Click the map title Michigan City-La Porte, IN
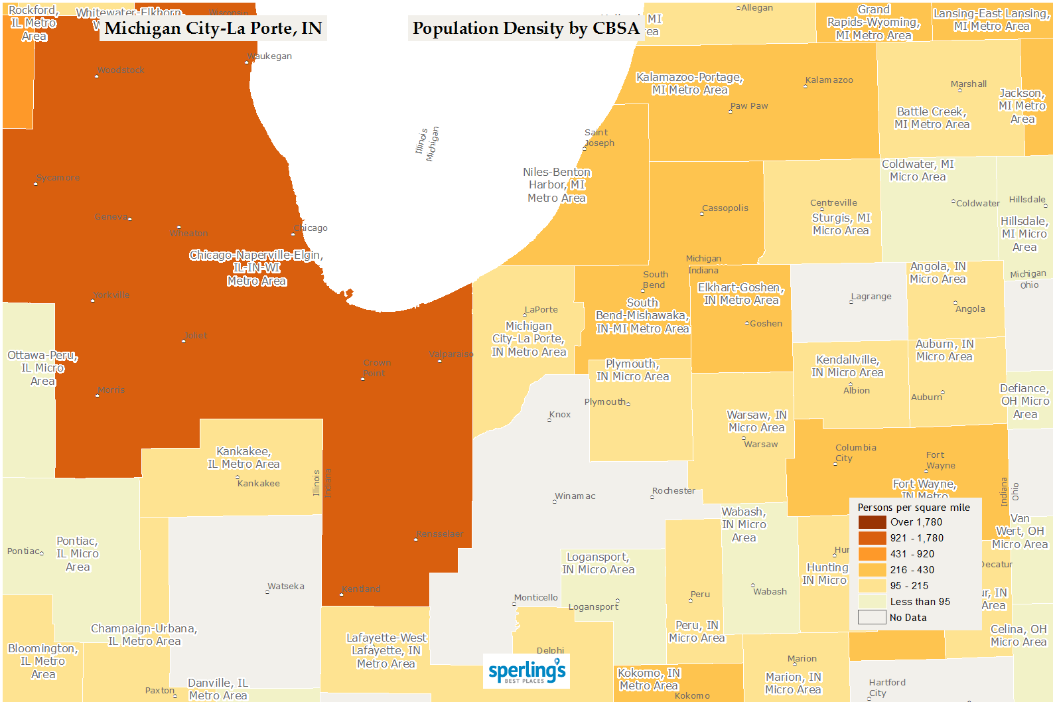[x=213, y=29]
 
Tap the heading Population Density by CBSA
[x=526, y=29]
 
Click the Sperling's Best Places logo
[x=527, y=671]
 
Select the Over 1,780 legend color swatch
[x=872, y=522]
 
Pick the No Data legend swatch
[x=872, y=618]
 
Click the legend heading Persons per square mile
[x=913, y=508]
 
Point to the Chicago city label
[x=311, y=228]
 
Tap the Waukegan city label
[x=270, y=56]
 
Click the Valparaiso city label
[x=451, y=354]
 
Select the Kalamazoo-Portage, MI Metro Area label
[x=689, y=84]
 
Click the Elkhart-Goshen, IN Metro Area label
[x=740, y=294]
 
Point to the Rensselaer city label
[x=440, y=534]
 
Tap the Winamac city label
[x=575, y=496]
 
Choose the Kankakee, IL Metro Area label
[x=244, y=458]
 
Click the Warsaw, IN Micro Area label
[x=756, y=421]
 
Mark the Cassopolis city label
[x=725, y=208]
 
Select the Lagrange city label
[x=871, y=297]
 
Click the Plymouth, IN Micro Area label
[x=632, y=370]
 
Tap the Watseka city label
[x=286, y=587]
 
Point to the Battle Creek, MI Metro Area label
[x=932, y=118]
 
